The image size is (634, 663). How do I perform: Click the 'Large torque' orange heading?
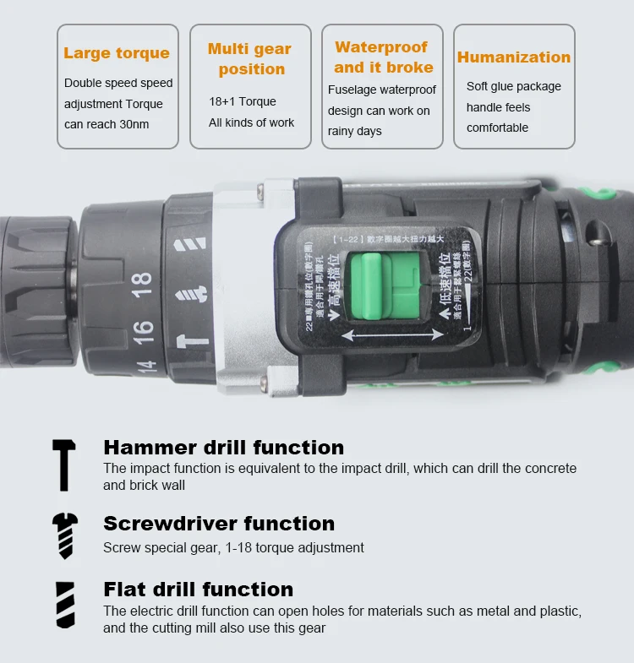pyautogui.click(x=117, y=53)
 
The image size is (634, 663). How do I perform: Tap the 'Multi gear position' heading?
pyautogui.click(x=250, y=59)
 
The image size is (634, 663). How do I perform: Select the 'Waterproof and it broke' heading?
pyautogui.click(x=383, y=57)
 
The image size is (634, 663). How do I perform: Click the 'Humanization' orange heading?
pyautogui.click(x=514, y=57)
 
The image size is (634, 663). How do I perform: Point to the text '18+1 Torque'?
pyautogui.click(x=243, y=101)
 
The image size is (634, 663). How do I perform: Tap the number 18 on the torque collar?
pyautogui.click(x=142, y=283)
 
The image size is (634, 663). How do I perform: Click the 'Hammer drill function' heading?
pyautogui.click(x=223, y=448)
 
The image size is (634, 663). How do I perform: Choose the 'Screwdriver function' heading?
pyautogui.click(x=219, y=524)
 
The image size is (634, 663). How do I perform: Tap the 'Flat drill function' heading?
pyautogui.click(x=199, y=590)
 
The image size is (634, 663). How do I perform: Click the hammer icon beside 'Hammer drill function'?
pyautogui.click(x=64, y=465)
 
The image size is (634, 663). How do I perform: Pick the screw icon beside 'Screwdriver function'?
pyautogui.click(x=64, y=536)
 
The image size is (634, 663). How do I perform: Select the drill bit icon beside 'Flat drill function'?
pyautogui.click(x=64, y=605)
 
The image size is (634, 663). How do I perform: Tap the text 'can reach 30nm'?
pyautogui.click(x=107, y=125)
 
